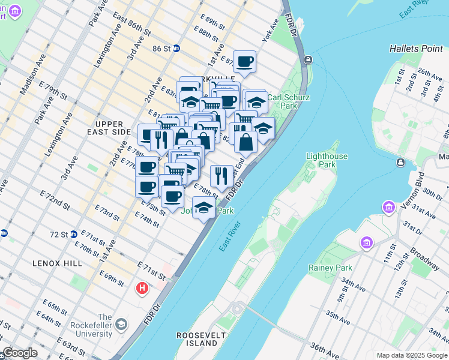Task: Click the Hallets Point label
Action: [x=415, y=48]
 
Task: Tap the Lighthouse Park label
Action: [x=327, y=160]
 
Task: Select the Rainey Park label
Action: [x=330, y=268]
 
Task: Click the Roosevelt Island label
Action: [x=197, y=339]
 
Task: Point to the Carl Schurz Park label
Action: [x=282, y=101]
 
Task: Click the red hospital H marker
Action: [x=142, y=289]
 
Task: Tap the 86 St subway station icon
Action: [x=176, y=49]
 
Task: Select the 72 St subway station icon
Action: [x=73, y=234]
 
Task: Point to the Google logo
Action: [x=19, y=353]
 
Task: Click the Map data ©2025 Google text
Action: [x=412, y=355]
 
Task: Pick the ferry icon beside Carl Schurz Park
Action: [x=308, y=59]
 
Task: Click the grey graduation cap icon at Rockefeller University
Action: [x=122, y=325]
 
